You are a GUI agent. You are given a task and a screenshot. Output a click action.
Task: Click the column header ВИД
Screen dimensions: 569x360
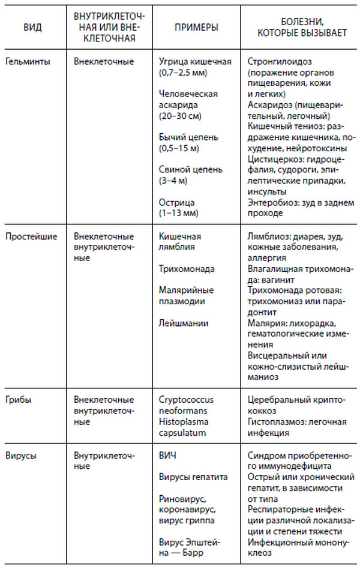tap(32, 28)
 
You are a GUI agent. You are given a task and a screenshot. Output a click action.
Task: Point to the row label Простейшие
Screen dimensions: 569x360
tap(31, 236)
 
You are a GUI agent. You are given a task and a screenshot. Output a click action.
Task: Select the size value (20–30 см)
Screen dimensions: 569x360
tap(182, 116)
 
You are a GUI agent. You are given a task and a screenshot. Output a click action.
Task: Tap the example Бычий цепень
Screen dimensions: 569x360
tap(187, 137)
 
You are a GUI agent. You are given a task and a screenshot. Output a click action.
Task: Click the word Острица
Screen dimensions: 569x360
tap(178, 202)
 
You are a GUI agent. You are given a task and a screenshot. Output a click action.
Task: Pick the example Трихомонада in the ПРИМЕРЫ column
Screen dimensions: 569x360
tap(187, 268)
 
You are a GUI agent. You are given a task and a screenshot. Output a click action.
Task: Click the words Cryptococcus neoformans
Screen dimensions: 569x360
tap(186, 404)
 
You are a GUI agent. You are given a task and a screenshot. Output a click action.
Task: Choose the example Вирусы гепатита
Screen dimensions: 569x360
tap(194, 477)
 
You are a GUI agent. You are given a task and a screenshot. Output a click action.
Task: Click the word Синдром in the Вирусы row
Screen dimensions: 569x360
tap(265, 456)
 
